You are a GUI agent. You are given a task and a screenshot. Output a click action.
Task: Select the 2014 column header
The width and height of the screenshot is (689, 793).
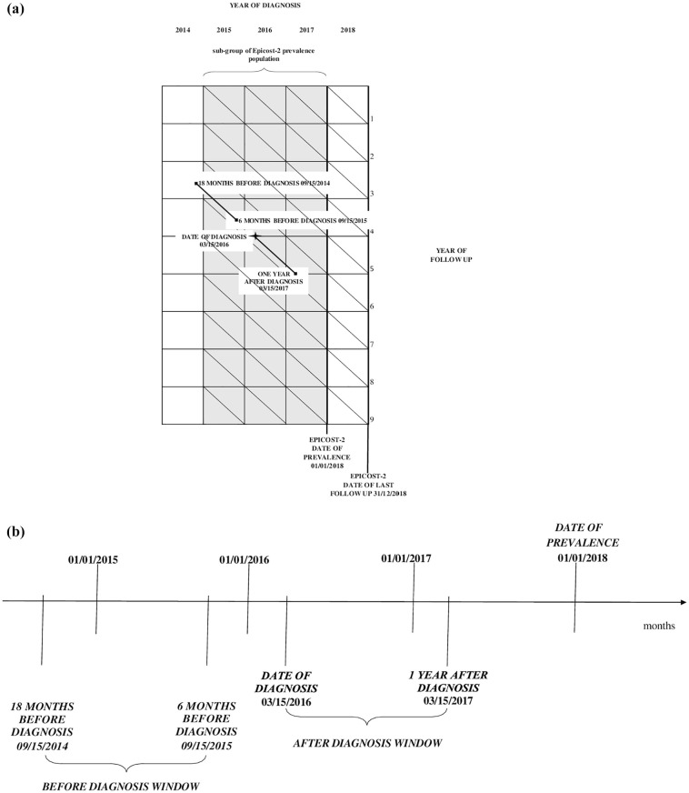pyautogui.click(x=183, y=30)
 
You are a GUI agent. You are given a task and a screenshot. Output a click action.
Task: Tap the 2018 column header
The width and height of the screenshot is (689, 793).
pyautogui.click(x=347, y=30)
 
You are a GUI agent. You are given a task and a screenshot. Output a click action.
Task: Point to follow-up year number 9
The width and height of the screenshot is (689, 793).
pyautogui.click(x=373, y=419)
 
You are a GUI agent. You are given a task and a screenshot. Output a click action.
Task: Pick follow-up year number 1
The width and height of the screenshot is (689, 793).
pyautogui.click(x=373, y=119)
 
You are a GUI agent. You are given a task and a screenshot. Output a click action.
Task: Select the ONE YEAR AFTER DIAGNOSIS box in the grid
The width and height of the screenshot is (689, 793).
pyautogui.click(x=274, y=281)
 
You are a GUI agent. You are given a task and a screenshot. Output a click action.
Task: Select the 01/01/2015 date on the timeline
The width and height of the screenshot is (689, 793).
pyautogui.click(x=94, y=559)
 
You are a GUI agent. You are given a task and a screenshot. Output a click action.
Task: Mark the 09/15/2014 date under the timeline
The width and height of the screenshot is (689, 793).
pyautogui.click(x=42, y=746)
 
